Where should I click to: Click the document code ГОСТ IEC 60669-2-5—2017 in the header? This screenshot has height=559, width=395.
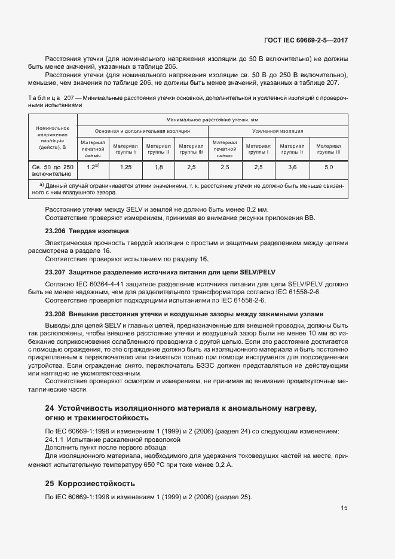point(305,40)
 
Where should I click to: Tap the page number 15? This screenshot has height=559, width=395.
point(344,508)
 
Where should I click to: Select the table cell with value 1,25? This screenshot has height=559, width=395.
point(125,167)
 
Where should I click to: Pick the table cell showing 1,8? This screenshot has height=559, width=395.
point(158,167)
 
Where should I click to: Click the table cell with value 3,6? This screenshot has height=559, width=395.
point(292,167)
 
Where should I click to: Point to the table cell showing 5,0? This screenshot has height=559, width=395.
point(329,167)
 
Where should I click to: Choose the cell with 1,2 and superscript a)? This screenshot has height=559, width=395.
point(93,167)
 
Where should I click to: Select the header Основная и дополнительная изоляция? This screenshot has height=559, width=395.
point(142,130)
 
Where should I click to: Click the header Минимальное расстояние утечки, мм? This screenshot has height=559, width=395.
point(212,120)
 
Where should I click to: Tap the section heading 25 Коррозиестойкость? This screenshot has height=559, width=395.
point(90,483)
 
